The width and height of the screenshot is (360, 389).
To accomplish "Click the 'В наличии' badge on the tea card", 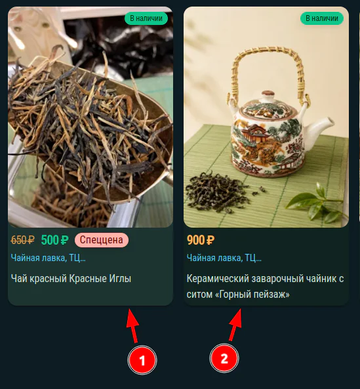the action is pos(146,18).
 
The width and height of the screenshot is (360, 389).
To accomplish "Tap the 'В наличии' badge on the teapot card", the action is pos(322,18).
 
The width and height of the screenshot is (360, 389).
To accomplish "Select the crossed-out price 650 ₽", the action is pos(22,240).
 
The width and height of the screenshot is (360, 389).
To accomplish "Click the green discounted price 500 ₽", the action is pos(54,240).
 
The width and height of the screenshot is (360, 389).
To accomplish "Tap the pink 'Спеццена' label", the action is pos(102,240).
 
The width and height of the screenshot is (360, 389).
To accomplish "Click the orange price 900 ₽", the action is pos(201,240).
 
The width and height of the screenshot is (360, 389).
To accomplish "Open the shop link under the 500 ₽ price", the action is pos(48,258).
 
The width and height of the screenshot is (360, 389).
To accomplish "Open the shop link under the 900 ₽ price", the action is pos(224,258).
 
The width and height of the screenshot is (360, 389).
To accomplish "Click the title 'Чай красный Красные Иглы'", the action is pos(71,278).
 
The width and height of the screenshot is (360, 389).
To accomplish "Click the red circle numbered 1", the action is pos(142,360).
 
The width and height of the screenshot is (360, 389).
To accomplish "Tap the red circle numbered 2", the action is pos(224,358).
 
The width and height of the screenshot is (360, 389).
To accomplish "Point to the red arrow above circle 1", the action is pos(133,326).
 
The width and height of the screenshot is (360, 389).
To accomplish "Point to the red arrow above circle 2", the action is pos(235,325).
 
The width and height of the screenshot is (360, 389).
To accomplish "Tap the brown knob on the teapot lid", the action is pos(268,94).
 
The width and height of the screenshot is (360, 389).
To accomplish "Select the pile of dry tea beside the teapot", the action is pos(218,192).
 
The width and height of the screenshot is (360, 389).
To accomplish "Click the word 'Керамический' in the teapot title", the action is pos(218,279).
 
